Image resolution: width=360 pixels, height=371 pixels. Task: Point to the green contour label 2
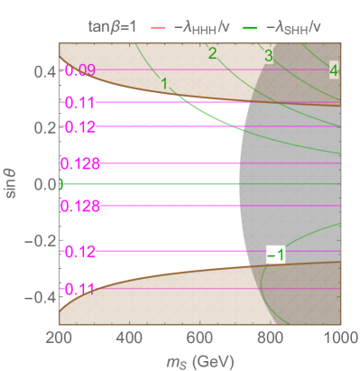212,54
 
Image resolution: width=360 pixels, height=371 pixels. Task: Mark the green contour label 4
334,70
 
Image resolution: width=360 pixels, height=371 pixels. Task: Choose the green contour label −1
276,255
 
